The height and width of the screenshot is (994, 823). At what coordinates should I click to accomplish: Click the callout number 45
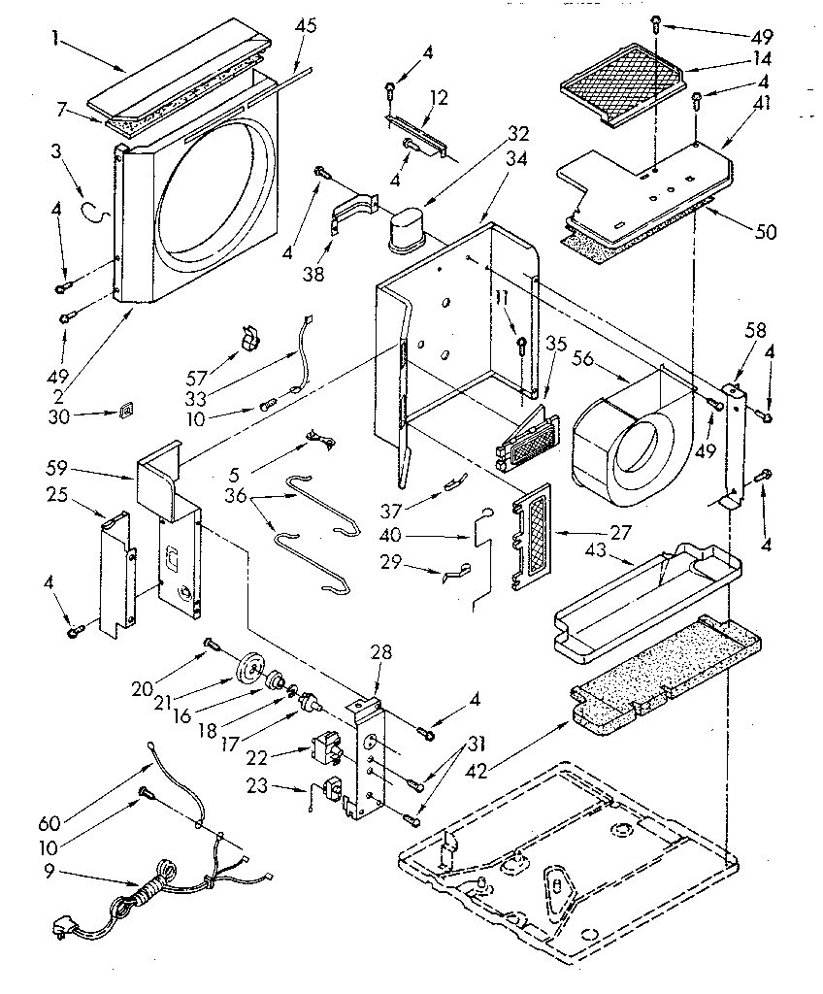(306, 26)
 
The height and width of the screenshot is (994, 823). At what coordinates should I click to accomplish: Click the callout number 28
(380, 653)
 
